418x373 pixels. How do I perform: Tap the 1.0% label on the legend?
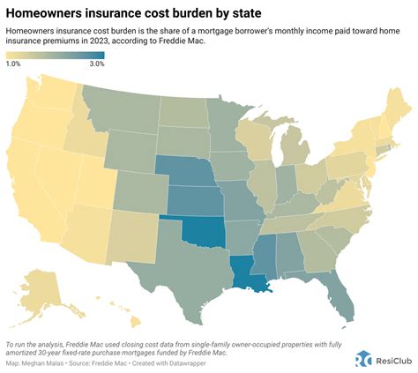point(14,64)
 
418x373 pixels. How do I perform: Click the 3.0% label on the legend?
point(96,64)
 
